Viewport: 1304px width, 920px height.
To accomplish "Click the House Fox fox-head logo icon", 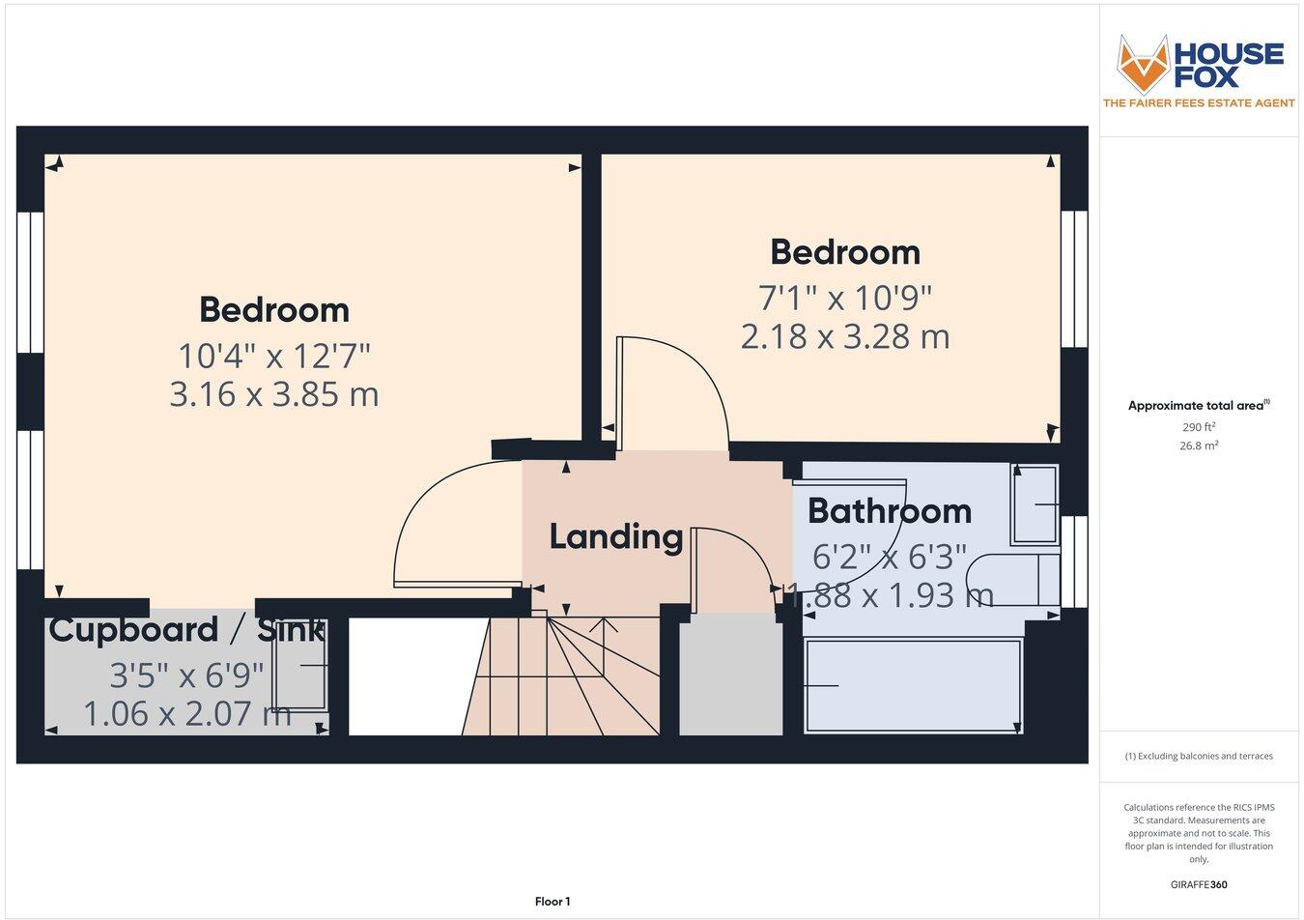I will (x=1143, y=63).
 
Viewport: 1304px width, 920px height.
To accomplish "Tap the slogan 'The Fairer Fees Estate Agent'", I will (x=1199, y=102).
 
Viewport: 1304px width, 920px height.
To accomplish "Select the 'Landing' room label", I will (x=615, y=536).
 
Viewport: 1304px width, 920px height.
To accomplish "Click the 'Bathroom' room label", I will (x=889, y=510).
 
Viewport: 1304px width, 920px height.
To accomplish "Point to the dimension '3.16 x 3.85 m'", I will (x=273, y=394).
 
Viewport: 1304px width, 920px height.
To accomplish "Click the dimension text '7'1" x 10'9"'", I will (x=844, y=297).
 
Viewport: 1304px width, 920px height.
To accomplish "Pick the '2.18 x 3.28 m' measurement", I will (x=844, y=336).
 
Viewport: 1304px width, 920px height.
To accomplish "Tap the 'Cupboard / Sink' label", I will (x=185, y=630).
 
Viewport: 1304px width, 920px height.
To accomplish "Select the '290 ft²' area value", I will (x=1198, y=427).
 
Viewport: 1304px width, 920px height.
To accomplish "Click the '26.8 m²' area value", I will (x=1199, y=446).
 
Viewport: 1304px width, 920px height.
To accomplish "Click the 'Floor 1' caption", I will (x=553, y=902).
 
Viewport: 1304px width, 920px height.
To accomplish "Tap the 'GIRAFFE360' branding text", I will (x=1198, y=883).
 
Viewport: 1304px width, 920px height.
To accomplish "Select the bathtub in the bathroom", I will (x=913, y=685).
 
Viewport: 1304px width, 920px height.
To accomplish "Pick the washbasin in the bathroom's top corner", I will (x=1035, y=504).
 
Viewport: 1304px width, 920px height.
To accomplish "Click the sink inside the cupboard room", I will (x=299, y=666).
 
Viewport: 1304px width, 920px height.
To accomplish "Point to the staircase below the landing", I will (x=560, y=676).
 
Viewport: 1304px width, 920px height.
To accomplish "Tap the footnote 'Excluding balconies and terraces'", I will (x=1199, y=756).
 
